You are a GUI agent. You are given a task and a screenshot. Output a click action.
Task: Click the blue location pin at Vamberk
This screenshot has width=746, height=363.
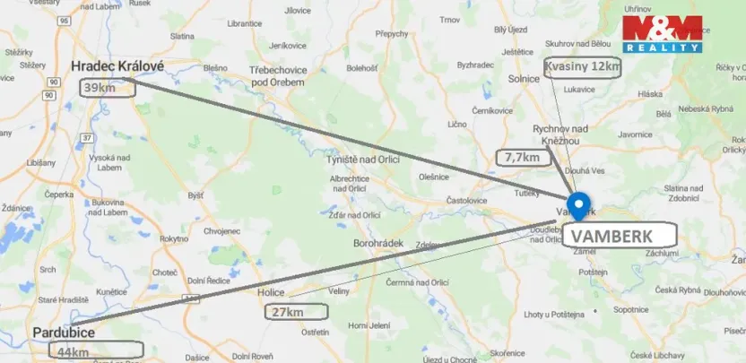coord(578,205)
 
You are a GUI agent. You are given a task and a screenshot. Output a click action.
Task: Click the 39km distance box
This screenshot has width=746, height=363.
coord(102,88)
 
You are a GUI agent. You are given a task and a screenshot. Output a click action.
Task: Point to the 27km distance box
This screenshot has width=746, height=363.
coord(297,312)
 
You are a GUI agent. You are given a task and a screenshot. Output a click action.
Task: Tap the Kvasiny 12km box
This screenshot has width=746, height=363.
coord(583,67)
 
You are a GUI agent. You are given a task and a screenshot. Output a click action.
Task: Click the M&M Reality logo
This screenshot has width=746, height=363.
coord(663,33)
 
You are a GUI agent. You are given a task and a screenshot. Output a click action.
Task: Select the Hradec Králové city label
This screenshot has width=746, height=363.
coord(117,66)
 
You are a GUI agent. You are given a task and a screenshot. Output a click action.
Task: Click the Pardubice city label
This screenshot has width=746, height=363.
coord(64,332)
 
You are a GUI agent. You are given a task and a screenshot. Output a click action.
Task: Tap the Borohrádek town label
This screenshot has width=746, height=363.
coord(377,243)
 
